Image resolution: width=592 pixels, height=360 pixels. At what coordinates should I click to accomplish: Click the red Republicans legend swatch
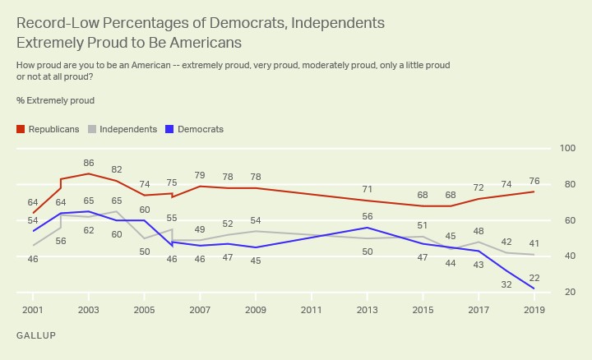tap(21, 129)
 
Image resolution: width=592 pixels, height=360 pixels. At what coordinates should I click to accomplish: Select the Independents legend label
tap(128, 129)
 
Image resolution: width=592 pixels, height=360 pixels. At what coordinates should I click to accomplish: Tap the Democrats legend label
tap(201, 129)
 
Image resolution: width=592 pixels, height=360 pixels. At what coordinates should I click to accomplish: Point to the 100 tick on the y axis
tap(567, 148)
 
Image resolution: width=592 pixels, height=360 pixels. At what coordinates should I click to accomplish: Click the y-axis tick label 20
tap(567, 293)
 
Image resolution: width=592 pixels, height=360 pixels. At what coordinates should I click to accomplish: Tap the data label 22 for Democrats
tap(534, 277)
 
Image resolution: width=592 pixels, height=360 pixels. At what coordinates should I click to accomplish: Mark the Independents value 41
tap(534, 243)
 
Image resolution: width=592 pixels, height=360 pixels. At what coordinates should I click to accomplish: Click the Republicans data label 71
tap(367, 190)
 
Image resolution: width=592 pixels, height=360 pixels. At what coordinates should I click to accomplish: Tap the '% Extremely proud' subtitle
tap(55, 100)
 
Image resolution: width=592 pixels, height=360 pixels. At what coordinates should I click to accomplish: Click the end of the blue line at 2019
tap(534, 288)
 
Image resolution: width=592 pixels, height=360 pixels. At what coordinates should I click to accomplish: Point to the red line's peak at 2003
tap(88, 173)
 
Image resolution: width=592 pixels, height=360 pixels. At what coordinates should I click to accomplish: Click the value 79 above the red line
tap(199, 175)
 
